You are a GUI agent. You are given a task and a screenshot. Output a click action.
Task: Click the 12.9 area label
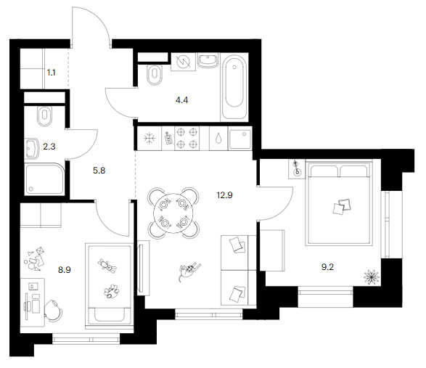pyautogui.click(x=224, y=195)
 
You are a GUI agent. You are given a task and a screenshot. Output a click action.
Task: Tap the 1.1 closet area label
pyautogui.click(x=51, y=73)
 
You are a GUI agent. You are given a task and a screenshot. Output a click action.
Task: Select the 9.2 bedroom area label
pyautogui.click(x=327, y=267)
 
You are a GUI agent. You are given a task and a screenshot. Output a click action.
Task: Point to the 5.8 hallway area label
pyautogui.click(x=99, y=171)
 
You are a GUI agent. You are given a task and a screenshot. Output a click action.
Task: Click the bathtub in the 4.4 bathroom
pyautogui.click(x=234, y=87)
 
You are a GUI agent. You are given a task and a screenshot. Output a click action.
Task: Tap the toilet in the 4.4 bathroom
pyautogui.click(x=154, y=75)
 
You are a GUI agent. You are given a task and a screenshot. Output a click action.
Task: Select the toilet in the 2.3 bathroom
pyautogui.click(x=44, y=116)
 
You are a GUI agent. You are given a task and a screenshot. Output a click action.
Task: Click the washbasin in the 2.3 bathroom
pyautogui.click(x=32, y=148)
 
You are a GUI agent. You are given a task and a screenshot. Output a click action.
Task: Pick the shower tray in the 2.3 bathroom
pyautogui.click(x=44, y=179)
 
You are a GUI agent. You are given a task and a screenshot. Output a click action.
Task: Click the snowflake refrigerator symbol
pyautogui.click(x=149, y=139)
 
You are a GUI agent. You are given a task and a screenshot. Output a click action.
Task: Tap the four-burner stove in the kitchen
pyautogui.click(x=187, y=139)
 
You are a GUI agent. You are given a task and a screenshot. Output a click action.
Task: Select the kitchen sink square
pyautogui.click(x=240, y=139)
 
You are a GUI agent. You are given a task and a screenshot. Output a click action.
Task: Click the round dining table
pyautogui.click(x=173, y=213)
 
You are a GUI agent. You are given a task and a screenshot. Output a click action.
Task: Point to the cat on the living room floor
pyautogui.click(x=189, y=271)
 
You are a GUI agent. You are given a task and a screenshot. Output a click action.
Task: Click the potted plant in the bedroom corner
pyautogui.click(x=371, y=277)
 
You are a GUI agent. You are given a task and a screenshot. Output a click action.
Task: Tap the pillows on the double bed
pyautogui.click(x=342, y=207)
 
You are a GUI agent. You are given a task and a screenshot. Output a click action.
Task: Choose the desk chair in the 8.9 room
pyautogui.click(x=53, y=311)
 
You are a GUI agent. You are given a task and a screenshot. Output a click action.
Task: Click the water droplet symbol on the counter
pyautogui.click(x=218, y=139)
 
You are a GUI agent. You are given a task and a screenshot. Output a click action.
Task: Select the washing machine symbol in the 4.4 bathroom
pyautogui.click(x=183, y=62)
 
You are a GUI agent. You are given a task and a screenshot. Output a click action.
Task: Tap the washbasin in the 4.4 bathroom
pyautogui.click(x=208, y=60)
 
